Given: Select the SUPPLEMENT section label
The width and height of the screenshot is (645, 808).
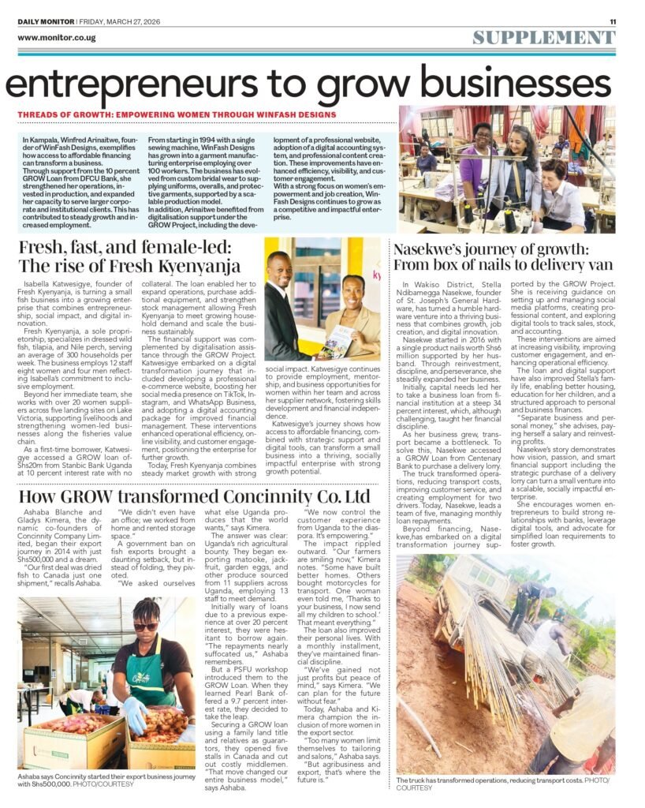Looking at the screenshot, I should pyautogui.click(x=544, y=37).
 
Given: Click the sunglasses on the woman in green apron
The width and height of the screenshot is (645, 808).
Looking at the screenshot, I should pyautogui.click(x=147, y=627).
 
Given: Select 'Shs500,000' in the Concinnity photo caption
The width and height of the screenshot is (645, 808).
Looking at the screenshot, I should pyautogui.click(x=47, y=784).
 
